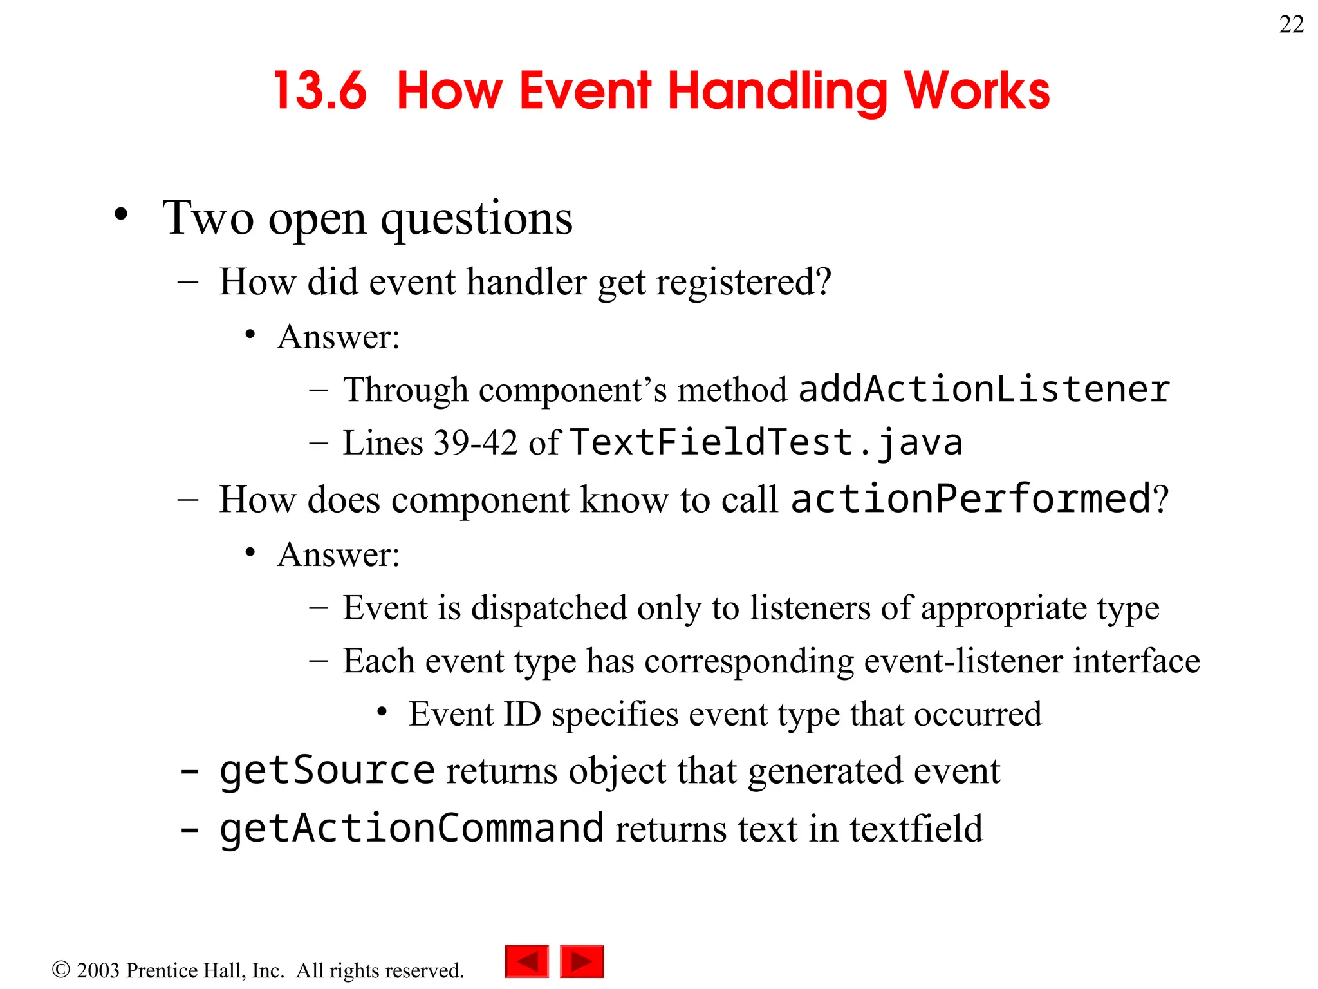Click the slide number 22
[1291, 24]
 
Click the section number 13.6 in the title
[320, 91]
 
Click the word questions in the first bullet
[476, 219]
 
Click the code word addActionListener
[983, 390]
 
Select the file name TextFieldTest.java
[766, 442]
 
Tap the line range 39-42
[476, 443]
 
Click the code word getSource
[327, 771]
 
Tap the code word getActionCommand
[412, 828]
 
